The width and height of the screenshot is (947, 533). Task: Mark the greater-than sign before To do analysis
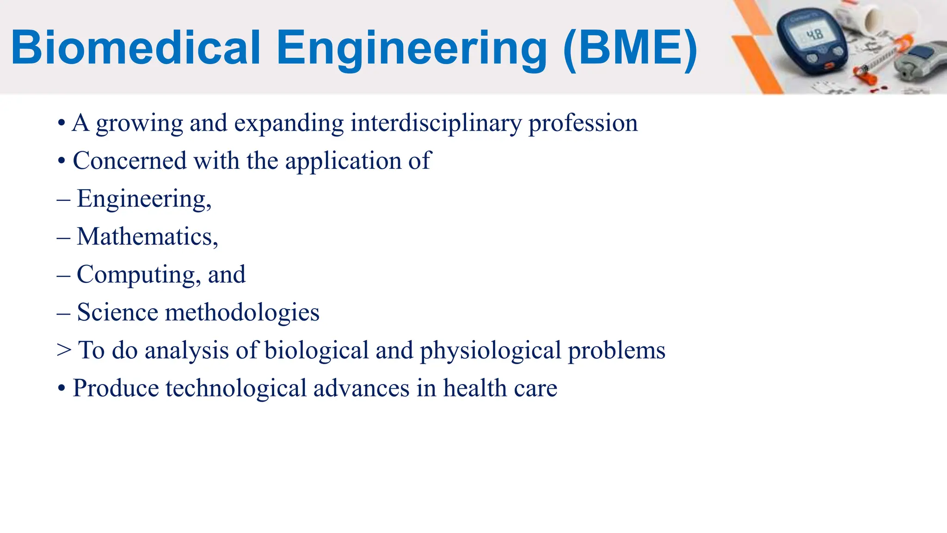64,350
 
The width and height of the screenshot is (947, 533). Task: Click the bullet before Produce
61,388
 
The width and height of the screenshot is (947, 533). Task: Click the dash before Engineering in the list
64,199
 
